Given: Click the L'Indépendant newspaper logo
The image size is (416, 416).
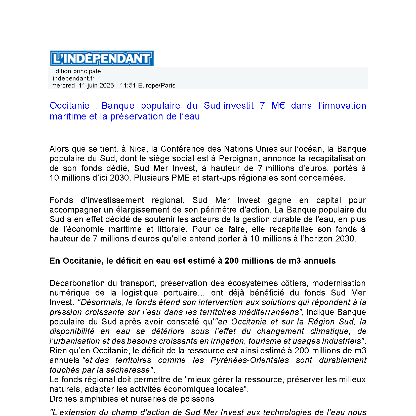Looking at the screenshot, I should click(102, 58).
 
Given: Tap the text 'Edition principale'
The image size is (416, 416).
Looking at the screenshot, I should click(76, 71).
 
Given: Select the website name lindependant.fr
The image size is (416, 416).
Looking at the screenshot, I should click(73, 78).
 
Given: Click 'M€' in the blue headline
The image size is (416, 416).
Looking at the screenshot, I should click(278, 106).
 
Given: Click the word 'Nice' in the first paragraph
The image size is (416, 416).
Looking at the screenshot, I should click(137, 149).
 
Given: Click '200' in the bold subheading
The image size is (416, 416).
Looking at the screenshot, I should click(232, 261).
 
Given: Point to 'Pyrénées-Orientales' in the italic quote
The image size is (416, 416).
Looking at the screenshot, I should click(250, 360).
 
